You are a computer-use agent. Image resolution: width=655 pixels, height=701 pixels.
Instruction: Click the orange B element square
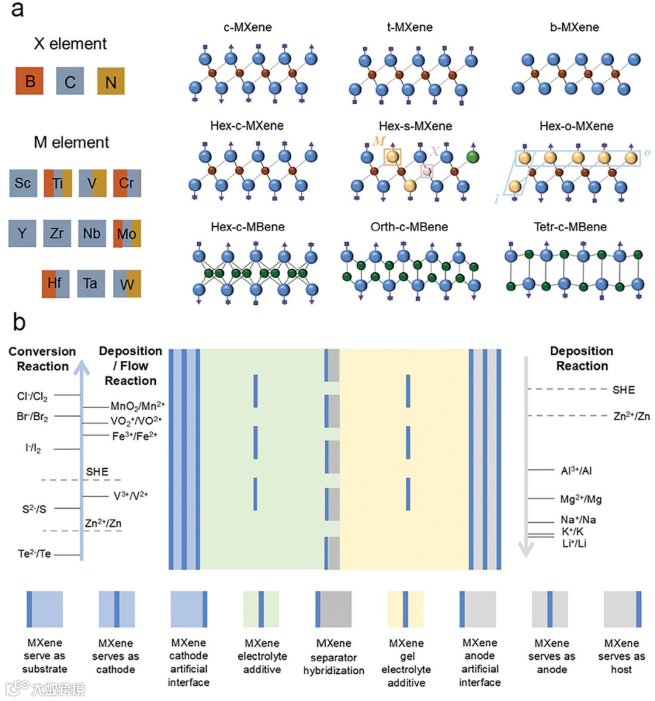(30, 81)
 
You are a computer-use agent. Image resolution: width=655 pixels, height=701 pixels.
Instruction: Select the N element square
(111, 81)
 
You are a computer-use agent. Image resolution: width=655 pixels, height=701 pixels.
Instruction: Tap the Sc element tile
(23, 183)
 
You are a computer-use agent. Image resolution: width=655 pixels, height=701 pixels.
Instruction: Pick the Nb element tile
(92, 233)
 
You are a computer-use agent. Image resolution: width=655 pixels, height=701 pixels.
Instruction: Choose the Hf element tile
(55, 283)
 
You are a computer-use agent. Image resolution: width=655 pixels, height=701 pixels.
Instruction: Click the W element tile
(127, 284)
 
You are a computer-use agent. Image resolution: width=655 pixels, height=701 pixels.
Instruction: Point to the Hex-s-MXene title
(415, 126)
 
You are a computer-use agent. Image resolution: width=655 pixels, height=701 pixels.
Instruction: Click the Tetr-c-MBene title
(569, 227)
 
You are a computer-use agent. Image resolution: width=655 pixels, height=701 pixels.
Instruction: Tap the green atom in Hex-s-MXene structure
(473, 157)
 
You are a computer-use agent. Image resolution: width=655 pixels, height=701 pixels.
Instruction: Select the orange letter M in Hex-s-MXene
(379, 141)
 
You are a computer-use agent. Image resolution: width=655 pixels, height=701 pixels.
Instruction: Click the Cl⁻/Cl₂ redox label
(32, 397)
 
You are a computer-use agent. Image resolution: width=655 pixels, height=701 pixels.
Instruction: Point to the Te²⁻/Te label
(35, 554)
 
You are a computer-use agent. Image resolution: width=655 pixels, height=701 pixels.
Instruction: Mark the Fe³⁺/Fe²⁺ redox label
(134, 436)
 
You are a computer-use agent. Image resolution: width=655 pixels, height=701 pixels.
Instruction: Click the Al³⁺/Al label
(576, 471)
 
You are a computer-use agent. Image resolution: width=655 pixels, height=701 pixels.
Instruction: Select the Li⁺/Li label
(574, 543)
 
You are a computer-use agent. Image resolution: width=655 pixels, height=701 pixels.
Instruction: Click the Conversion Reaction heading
(42, 358)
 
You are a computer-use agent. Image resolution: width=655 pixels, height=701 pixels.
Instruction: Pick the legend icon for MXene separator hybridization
(334, 609)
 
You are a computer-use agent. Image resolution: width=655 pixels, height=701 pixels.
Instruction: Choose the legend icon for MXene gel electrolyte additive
(406, 609)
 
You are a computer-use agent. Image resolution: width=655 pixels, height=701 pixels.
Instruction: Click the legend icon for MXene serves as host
(622, 609)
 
